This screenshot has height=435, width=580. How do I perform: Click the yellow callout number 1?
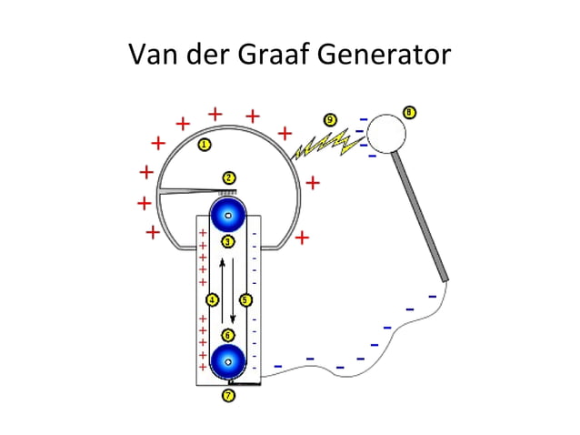(205, 145)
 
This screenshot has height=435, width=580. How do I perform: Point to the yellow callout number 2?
(230, 177)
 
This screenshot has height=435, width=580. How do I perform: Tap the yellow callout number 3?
(228, 242)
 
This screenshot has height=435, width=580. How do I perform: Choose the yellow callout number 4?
(213, 299)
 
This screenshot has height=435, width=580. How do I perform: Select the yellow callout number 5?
(245, 299)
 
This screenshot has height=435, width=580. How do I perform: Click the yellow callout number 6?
(228, 335)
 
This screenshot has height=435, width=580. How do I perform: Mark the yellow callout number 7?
(229, 396)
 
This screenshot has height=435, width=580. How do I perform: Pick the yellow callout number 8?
(410, 113)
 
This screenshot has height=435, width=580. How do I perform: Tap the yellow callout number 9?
(329, 119)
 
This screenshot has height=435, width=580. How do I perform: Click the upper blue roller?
(228, 216)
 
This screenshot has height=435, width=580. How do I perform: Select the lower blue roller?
(228, 361)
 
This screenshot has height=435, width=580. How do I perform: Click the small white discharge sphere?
(385, 134)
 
